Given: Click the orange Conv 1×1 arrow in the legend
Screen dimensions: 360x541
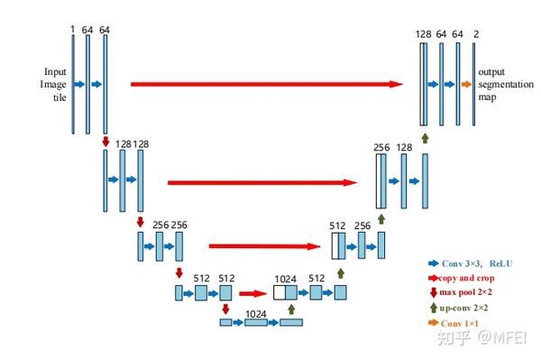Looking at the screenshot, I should (x=433, y=322).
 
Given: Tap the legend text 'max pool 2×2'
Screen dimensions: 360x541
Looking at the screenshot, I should (x=468, y=292).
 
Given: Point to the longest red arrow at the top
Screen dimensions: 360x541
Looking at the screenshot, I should (x=266, y=84).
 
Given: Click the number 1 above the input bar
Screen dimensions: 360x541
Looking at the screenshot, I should (x=71, y=29).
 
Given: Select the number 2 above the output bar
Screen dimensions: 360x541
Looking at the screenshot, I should (x=476, y=33).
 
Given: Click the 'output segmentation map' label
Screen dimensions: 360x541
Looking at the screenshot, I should (x=502, y=84).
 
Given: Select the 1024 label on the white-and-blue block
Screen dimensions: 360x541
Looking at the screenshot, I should (x=285, y=279).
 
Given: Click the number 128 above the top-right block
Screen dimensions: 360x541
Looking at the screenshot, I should (x=423, y=33).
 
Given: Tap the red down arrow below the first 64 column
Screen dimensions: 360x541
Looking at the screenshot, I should (x=106, y=141).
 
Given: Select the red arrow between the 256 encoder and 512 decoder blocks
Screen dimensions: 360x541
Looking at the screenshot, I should (x=267, y=245).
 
